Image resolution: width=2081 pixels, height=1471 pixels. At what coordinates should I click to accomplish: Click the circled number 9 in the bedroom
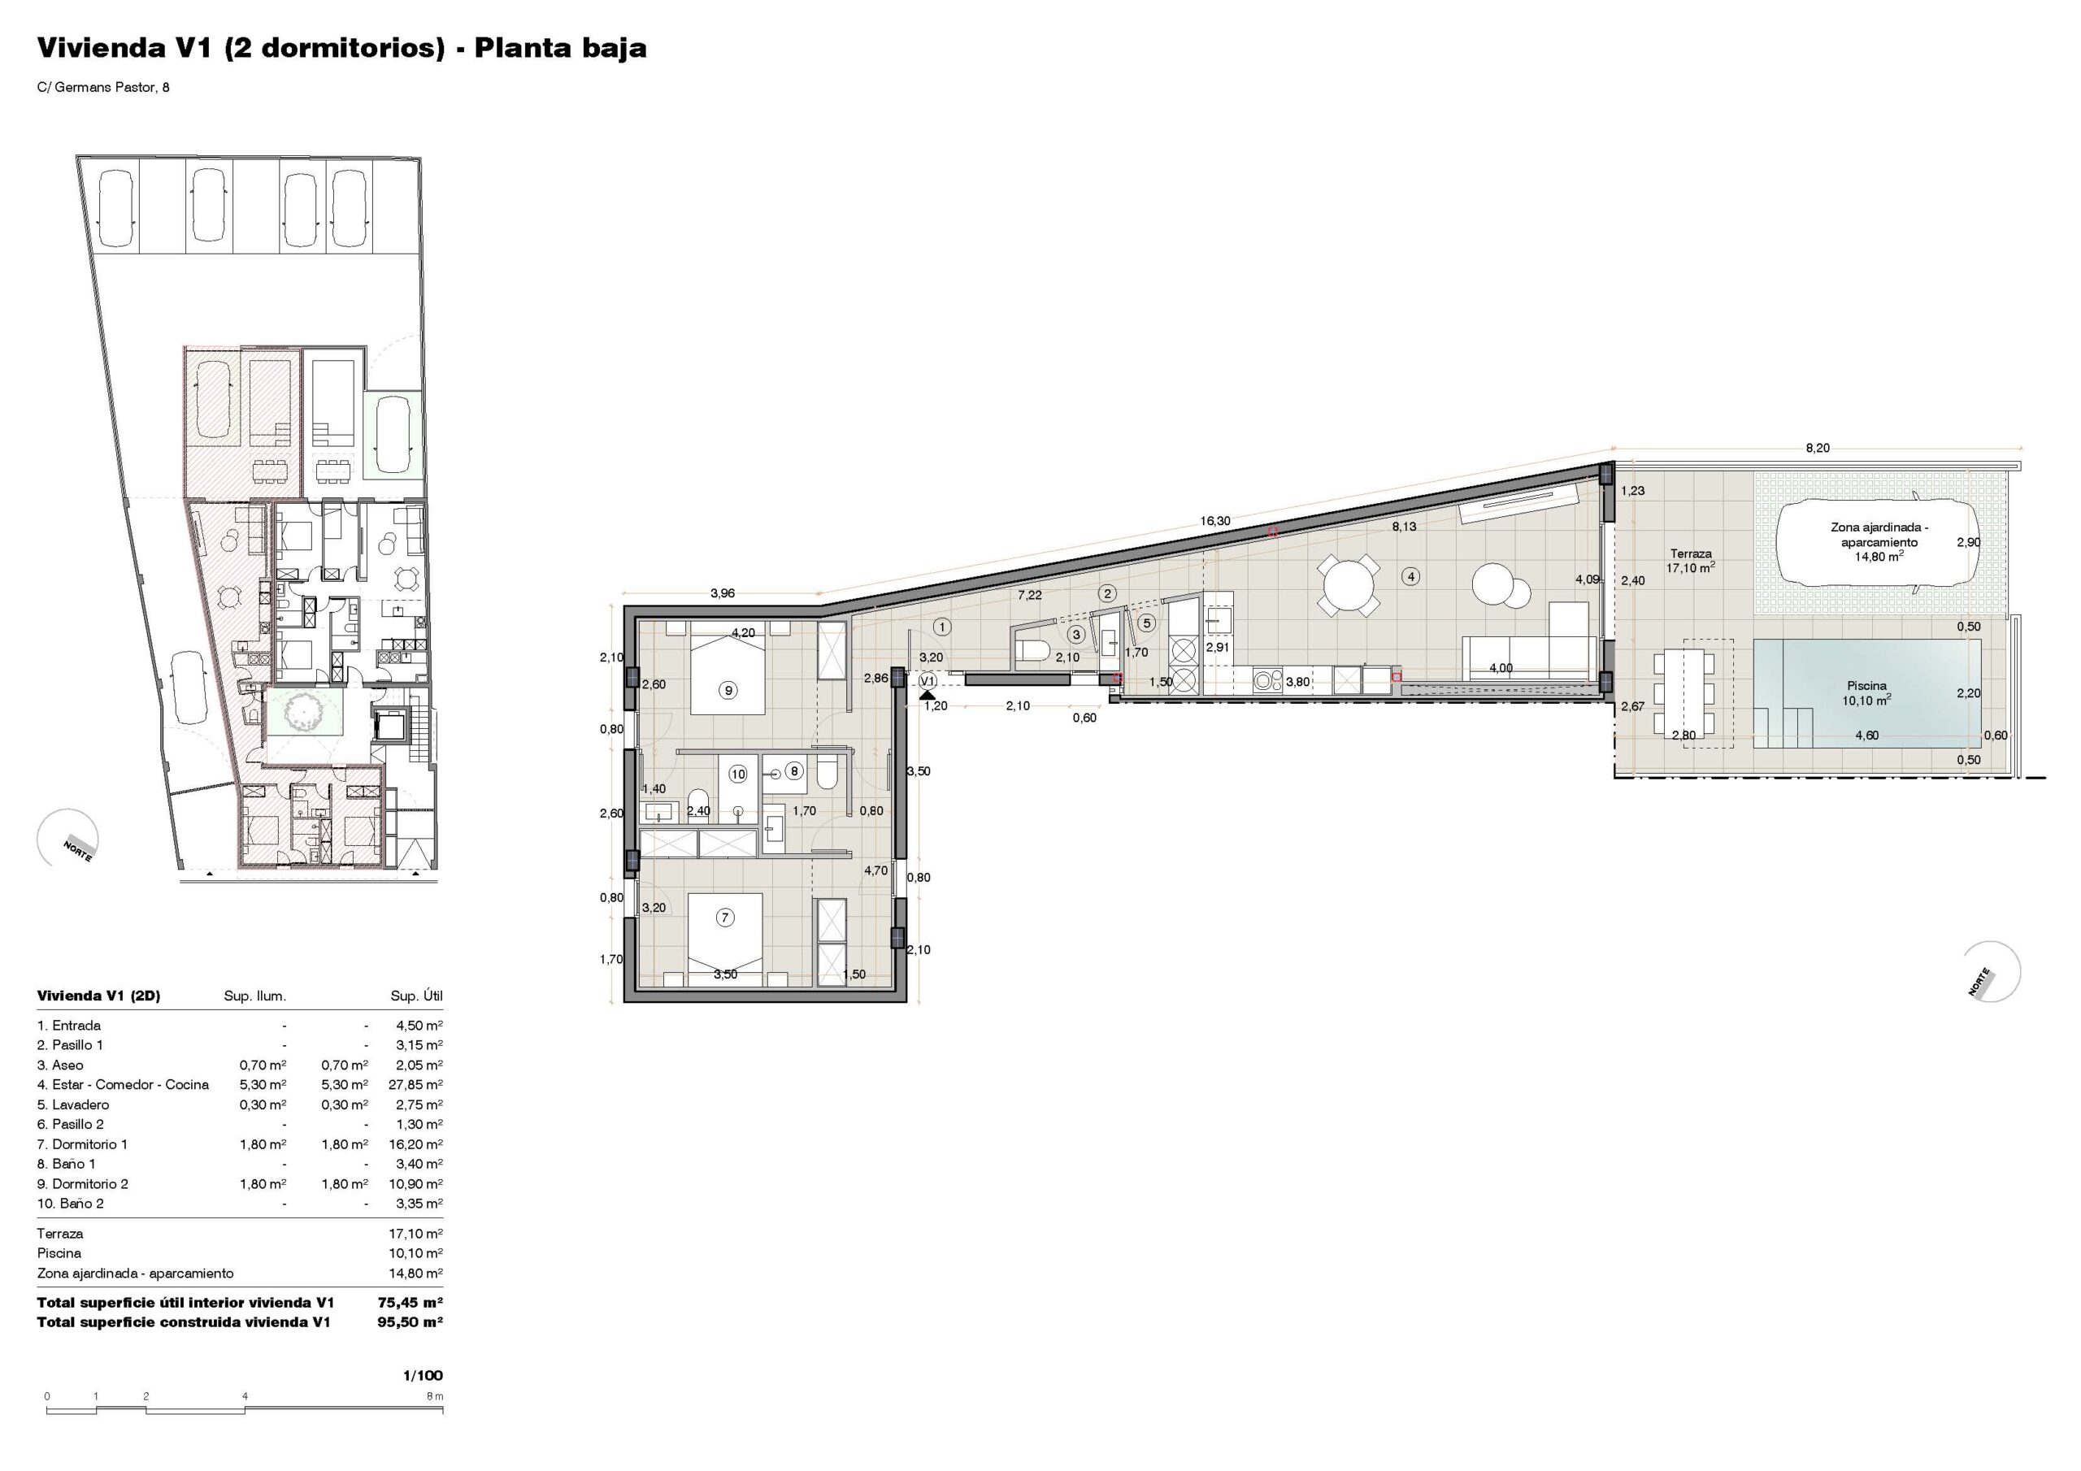727,690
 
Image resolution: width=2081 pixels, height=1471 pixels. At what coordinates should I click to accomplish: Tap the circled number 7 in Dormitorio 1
724,918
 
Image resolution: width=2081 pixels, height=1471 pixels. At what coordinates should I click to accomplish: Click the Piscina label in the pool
1866,686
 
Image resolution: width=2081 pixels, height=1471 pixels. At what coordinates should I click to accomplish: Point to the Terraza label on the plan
1690,553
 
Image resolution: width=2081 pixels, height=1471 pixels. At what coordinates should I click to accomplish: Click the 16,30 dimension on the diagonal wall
1215,521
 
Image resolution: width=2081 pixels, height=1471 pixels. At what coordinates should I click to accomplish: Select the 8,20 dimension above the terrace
1818,448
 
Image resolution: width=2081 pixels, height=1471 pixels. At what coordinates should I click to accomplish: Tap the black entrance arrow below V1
928,694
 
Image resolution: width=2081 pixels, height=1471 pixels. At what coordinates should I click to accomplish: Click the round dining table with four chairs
1349,585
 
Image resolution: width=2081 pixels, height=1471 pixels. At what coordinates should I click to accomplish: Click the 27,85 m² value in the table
416,1085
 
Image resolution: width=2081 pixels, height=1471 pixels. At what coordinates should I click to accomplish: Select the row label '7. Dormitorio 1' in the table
82,1143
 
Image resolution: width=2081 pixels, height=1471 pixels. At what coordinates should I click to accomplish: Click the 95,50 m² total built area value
410,1322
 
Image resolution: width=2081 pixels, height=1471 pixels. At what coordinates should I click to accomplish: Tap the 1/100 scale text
424,1375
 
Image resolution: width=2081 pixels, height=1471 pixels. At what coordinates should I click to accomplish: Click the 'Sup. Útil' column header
417,996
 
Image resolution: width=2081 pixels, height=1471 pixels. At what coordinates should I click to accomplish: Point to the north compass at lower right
1992,973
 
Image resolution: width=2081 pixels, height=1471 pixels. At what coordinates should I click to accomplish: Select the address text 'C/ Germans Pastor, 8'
103,88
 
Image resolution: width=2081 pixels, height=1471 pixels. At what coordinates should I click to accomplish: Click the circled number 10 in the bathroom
738,774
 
